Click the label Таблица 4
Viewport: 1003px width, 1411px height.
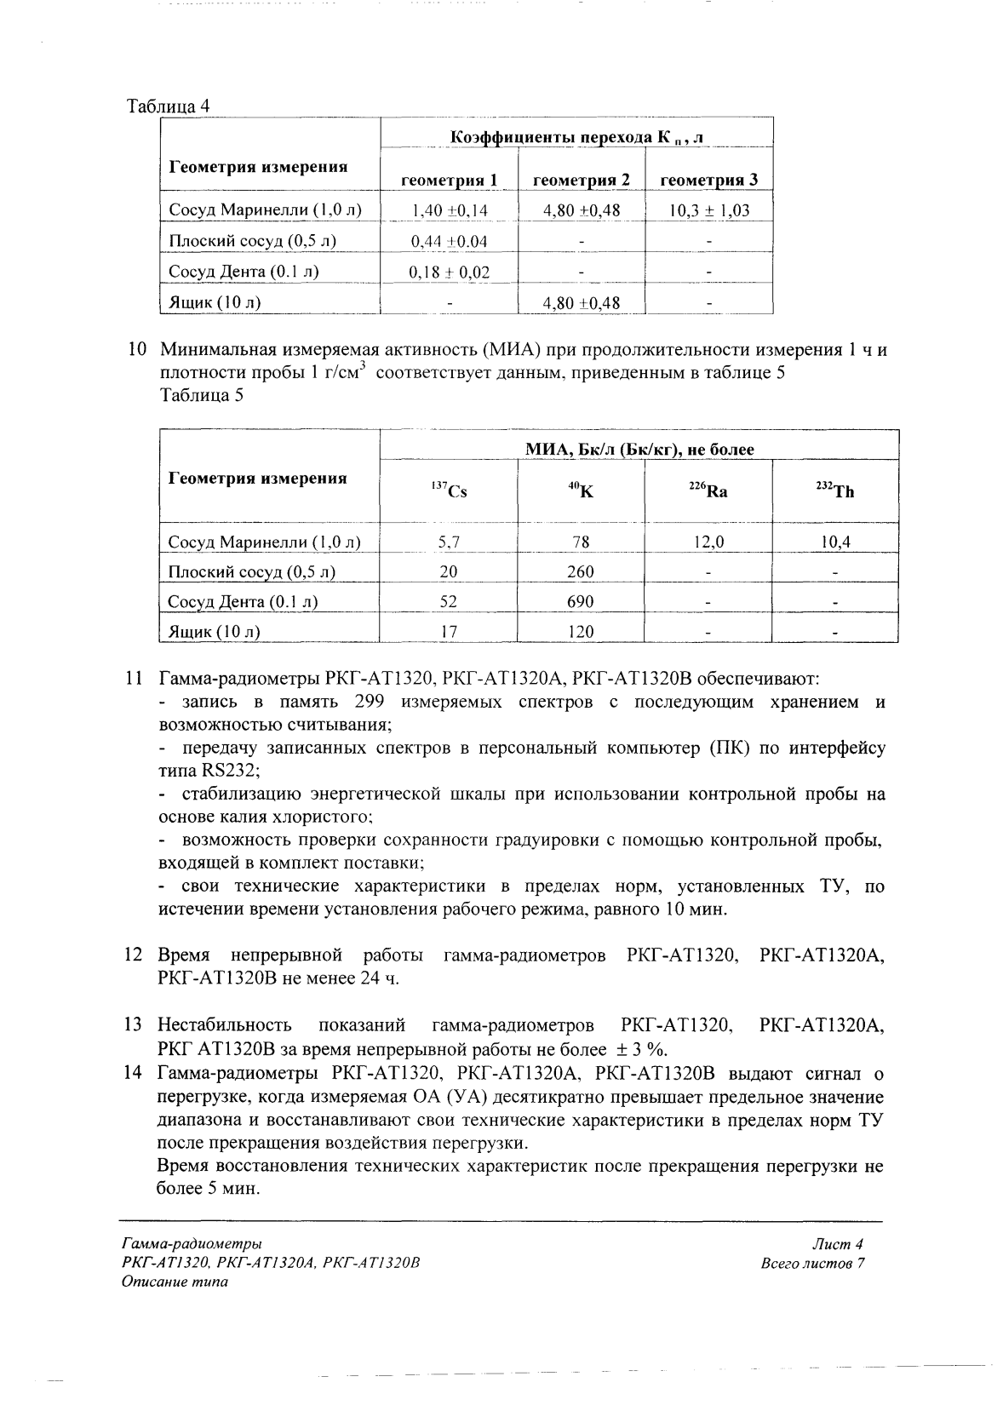point(168,106)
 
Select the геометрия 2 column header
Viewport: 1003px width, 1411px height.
point(581,180)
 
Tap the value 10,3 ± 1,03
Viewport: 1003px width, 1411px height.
point(708,210)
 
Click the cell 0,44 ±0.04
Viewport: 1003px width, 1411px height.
point(449,242)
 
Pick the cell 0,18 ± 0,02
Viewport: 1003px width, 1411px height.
point(449,272)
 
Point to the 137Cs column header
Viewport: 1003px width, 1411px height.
point(449,491)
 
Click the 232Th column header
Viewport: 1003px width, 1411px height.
point(834,491)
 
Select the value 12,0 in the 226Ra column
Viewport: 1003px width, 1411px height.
point(708,542)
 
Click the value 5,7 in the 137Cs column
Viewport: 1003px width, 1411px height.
point(449,542)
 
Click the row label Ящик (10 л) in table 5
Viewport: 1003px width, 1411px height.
point(214,632)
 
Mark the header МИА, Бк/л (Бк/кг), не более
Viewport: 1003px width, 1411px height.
point(639,450)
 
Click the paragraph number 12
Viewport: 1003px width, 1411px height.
point(133,955)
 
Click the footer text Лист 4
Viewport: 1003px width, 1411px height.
point(838,1244)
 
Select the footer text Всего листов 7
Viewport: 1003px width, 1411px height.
point(812,1263)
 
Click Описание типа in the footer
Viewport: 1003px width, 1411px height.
point(175,1282)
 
